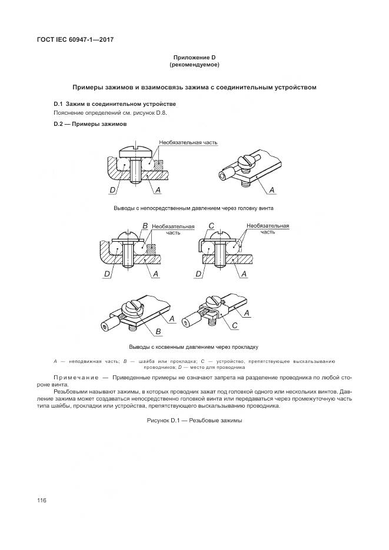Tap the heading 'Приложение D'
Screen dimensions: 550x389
pos(194,57)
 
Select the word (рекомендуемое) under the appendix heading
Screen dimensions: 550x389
pos(194,64)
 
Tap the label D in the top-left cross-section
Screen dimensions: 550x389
pos(112,190)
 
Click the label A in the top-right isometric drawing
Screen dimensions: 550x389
pos(272,189)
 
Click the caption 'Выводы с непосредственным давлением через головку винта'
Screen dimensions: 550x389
pos(194,208)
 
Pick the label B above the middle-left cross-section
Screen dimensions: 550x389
pos(145,226)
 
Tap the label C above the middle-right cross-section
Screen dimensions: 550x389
pos(211,226)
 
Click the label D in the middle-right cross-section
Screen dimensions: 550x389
pos(199,274)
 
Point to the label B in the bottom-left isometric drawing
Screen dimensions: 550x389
pos(160,331)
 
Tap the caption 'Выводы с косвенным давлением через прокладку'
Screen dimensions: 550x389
pos(194,346)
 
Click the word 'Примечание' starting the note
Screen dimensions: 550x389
pos(75,377)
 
